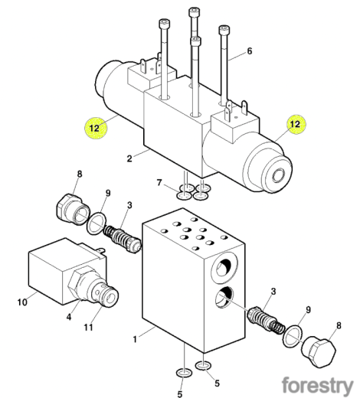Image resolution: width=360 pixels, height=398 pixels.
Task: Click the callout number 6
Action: point(250,51)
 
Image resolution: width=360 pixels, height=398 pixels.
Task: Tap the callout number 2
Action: point(129,158)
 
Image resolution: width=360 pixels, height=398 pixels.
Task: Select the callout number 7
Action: point(159,182)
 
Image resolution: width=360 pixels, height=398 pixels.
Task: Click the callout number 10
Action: point(22,302)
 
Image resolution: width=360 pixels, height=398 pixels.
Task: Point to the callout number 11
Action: point(88,327)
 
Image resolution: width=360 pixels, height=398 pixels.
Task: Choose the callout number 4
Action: point(69,317)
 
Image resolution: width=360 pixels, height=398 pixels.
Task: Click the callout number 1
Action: point(135,340)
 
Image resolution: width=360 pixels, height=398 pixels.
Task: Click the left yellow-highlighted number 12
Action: point(94,128)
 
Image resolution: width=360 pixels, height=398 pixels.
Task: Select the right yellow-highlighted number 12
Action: point(295,124)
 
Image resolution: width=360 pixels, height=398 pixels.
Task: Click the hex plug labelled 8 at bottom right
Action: point(318,353)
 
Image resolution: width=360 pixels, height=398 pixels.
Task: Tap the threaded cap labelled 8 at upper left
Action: point(73,210)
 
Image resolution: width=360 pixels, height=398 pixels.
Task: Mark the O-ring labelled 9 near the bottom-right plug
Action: point(293,335)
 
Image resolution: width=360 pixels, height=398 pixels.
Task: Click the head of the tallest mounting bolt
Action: point(194,12)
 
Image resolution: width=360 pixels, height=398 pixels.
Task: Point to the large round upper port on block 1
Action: point(224,266)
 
